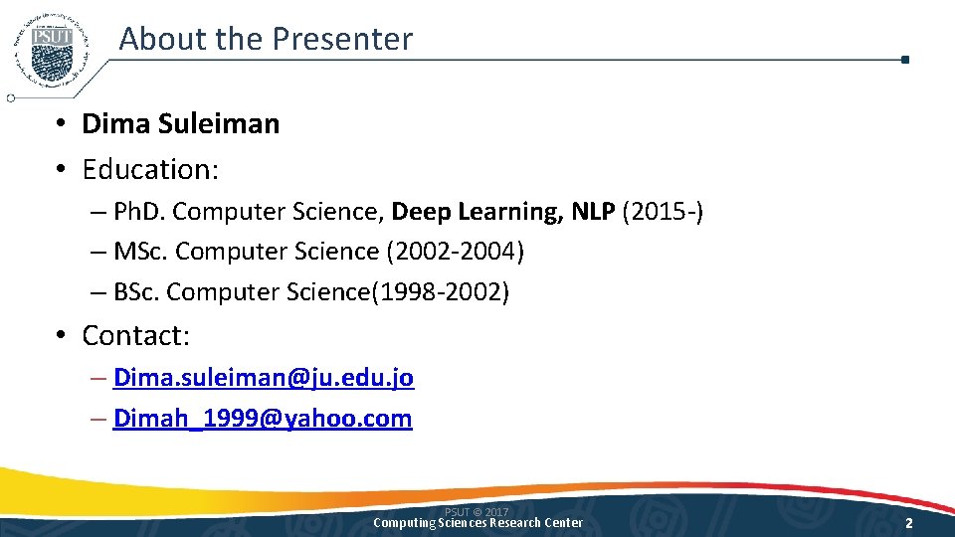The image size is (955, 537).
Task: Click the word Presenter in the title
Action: click(x=341, y=39)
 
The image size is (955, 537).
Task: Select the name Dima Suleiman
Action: click(x=180, y=124)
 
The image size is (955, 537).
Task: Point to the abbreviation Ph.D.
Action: click(x=139, y=212)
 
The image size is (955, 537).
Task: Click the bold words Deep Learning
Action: click(x=477, y=212)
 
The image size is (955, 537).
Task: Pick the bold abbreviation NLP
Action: click(x=593, y=212)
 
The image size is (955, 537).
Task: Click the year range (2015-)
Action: click(x=663, y=212)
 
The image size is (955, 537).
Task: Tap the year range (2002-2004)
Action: click(x=455, y=253)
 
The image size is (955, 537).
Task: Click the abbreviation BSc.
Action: click(x=137, y=293)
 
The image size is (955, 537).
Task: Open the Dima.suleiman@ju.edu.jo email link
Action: click(x=264, y=378)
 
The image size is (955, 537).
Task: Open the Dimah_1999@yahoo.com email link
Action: click(x=263, y=419)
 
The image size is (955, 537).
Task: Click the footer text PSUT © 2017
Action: click(x=477, y=512)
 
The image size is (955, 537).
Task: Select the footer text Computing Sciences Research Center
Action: click(x=477, y=523)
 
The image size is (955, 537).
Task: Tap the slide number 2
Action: click(x=909, y=523)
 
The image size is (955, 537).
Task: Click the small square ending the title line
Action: click(x=904, y=60)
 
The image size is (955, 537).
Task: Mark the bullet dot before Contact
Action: click(x=62, y=336)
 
